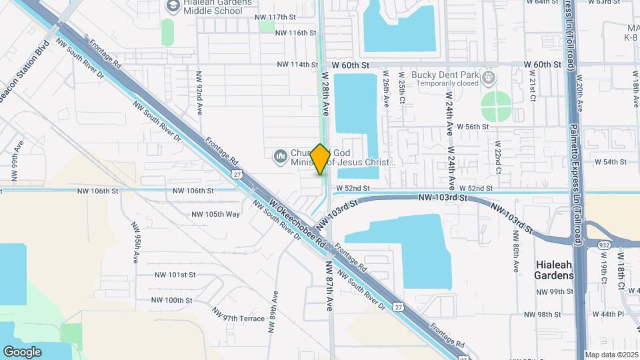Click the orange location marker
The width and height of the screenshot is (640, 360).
pyautogui.click(x=320, y=159)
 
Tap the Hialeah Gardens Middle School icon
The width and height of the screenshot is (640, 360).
pyautogui.click(x=173, y=7)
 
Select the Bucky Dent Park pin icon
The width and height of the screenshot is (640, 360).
pyautogui.click(x=489, y=79)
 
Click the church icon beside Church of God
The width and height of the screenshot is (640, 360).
pyautogui.click(x=280, y=157)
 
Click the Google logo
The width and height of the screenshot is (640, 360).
pyautogui.click(x=22, y=351)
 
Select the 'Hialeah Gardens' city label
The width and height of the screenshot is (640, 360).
pyautogui.click(x=554, y=270)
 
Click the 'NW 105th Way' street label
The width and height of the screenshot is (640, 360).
pyautogui.click(x=215, y=214)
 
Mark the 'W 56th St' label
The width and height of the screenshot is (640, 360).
pyautogui.click(x=477, y=127)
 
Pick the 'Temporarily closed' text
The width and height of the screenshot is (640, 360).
pyautogui.click(x=449, y=83)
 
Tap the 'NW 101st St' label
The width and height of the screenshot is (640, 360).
pyautogui.click(x=175, y=274)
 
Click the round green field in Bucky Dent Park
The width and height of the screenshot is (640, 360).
pyautogui.click(x=496, y=107)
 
